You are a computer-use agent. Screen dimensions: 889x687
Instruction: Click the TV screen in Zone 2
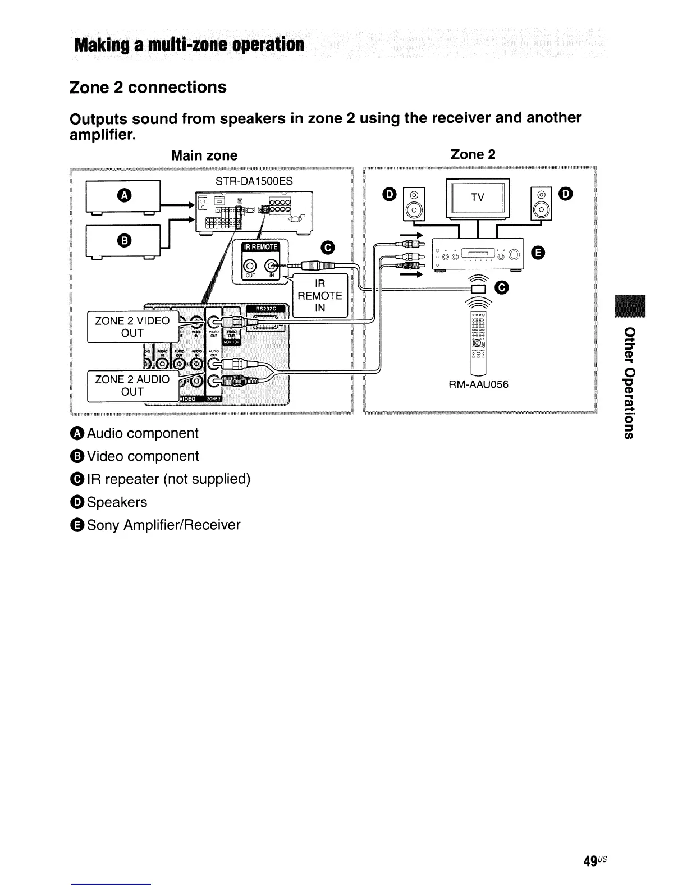tap(477, 198)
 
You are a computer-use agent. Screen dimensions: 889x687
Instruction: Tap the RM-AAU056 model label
tap(478, 384)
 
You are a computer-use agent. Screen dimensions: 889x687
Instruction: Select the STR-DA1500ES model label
tap(254, 181)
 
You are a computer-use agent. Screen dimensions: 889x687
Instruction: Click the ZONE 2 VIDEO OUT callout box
tap(132, 327)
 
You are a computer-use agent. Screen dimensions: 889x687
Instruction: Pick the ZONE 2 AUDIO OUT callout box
tap(132, 386)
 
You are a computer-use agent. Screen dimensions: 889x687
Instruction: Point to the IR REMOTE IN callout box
tap(320, 296)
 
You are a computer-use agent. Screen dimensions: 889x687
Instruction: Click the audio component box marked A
tap(123, 196)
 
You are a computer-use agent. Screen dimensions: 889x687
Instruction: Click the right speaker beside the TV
tap(541, 204)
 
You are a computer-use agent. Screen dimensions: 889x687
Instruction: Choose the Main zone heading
tap(204, 155)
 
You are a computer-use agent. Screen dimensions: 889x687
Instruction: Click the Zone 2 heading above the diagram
tap(473, 154)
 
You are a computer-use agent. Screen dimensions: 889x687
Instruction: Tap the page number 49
tap(590, 861)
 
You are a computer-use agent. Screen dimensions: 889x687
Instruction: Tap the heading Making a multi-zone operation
tap(189, 44)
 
